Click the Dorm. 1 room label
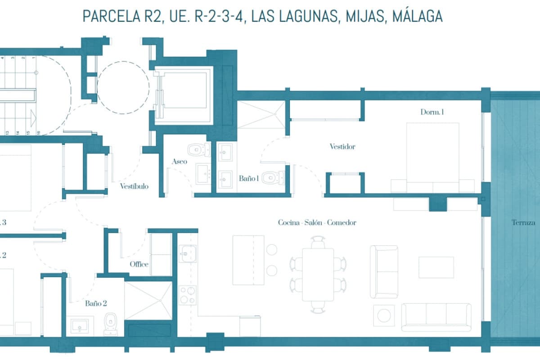(432, 112)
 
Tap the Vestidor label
(342, 146)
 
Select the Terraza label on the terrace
(523, 222)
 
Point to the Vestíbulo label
(134, 186)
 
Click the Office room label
(139, 264)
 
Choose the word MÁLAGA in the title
(417, 16)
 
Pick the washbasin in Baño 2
(81, 325)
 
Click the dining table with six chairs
(318, 274)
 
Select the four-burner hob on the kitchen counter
(188, 295)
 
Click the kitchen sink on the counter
(187, 254)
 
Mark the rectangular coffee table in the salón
(436, 267)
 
